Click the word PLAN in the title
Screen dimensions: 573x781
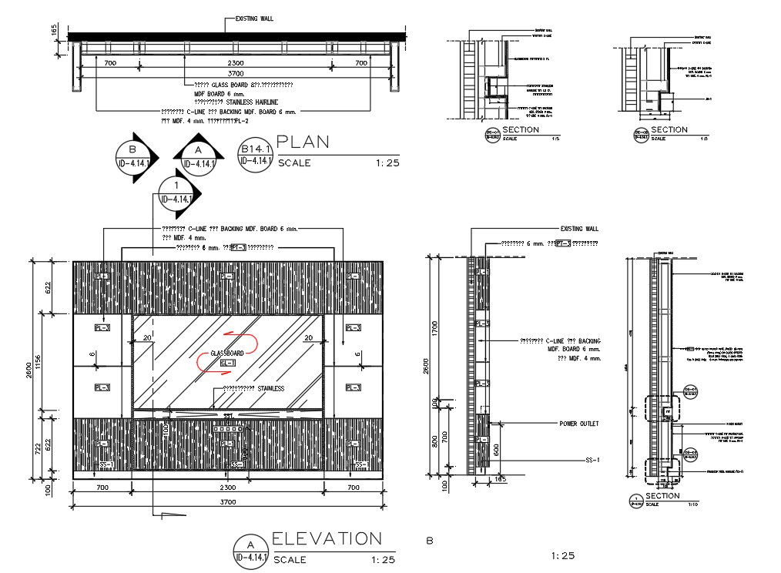(303, 142)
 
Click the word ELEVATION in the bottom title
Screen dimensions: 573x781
(327, 538)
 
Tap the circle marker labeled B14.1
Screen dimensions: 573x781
(255, 155)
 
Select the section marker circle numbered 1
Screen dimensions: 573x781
(177, 193)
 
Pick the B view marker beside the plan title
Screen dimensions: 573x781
(134, 157)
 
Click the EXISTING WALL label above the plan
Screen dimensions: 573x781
(254, 18)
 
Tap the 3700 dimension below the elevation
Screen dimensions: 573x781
(228, 502)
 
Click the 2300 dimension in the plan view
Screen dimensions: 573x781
(236, 62)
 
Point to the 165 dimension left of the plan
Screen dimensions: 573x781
(55, 30)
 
